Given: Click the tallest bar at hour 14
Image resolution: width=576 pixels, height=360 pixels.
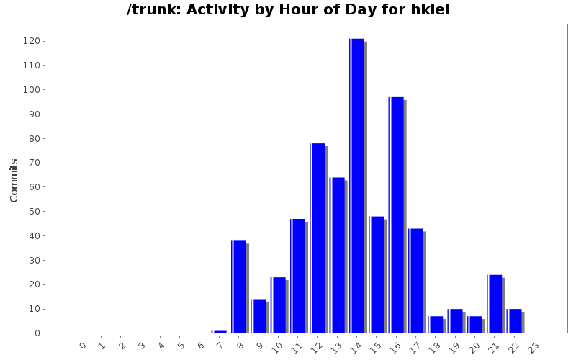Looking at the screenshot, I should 357,186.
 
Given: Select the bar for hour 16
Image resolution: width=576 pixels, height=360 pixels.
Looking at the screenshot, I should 397,215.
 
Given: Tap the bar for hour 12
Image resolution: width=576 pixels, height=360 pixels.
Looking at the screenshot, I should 318,238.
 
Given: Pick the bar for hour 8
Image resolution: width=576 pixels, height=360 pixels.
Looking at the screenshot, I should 240,287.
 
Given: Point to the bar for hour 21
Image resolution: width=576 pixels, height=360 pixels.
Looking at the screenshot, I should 495,304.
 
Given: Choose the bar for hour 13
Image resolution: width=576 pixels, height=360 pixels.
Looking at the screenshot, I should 338,255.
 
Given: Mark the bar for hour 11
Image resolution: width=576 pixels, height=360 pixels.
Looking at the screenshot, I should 298,276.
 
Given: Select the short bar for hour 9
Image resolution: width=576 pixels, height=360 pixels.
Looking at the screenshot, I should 259,316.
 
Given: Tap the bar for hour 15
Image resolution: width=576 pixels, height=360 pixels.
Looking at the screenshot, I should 377,274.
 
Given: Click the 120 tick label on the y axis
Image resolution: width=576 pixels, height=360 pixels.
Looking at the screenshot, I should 32,41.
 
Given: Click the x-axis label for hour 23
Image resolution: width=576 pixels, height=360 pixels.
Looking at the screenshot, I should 533,346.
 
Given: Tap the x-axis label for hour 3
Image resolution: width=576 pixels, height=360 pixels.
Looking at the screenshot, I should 141,346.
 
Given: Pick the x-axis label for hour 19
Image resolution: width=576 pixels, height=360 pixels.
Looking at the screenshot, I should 454,346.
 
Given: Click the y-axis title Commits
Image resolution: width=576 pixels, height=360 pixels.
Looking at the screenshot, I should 14,180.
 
